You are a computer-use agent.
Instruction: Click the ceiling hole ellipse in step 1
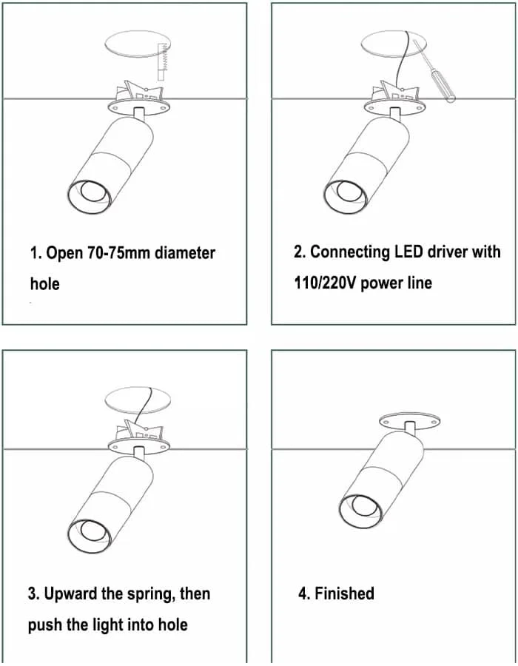pyautogui.click(x=138, y=44)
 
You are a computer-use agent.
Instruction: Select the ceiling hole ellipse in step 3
pyautogui.click(x=138, y=400)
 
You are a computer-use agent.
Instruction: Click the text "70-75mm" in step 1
pyautogui.click(x=119, y=253)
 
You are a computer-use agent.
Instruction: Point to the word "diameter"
pyautogui.click(x=185, y=253)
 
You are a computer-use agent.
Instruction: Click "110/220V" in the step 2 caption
pyautogui.click(x=326, y=283)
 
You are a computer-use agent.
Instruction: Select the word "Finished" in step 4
pyautogui.click(x=344, y=593)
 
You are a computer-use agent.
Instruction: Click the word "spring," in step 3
pyautogui.click(x=151, y=594)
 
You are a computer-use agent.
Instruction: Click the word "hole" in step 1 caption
pyautogui.click(x=44, y=283)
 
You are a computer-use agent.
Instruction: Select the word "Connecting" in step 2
pyautogui.click(x=350, y=252)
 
